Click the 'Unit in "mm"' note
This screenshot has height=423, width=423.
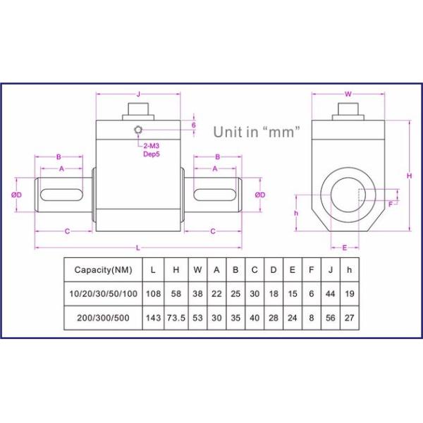click(x=257, y=131)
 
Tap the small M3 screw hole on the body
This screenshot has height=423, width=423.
click(x=140, y=130)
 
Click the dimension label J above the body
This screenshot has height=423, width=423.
click(x=138, y=93)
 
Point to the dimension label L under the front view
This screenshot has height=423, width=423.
click(x=138, y=247)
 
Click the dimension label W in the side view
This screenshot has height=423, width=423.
click(x=348, y=93)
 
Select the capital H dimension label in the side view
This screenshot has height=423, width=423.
click(x=409, y=176)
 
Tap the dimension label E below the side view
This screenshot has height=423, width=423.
click(x=345, y=247)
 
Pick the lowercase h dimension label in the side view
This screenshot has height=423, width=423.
click(x=297, y=213)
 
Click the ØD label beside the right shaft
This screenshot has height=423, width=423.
click(x=259, y=195)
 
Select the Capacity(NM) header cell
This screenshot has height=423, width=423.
click(x=103, y=269)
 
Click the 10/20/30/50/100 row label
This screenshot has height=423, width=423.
click(x=103, y=293)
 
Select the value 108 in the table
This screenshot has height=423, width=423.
click(x=152, y=293)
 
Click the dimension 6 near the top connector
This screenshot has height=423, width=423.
click(x=194, y=125)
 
